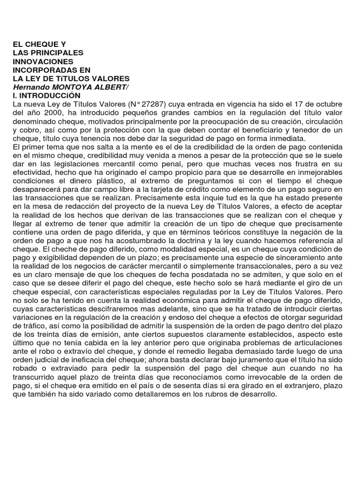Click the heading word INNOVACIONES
coord(43,61)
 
